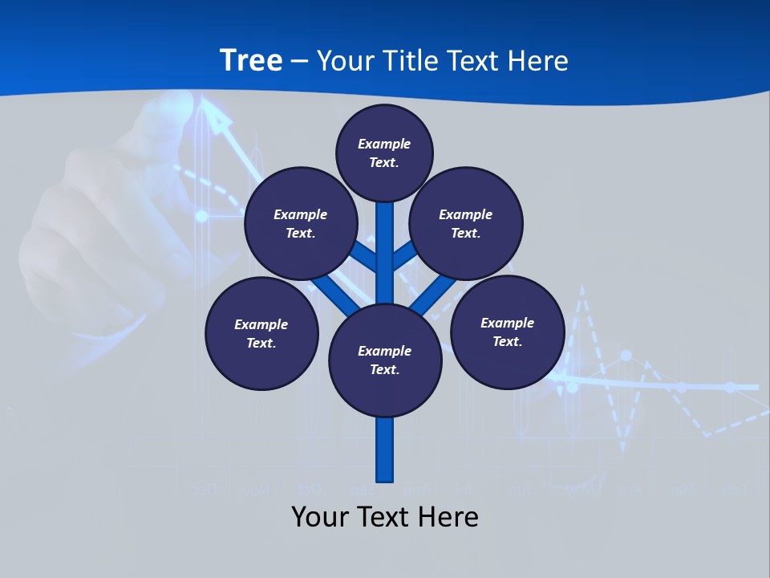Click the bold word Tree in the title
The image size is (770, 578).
251,60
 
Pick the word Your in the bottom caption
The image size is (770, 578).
321,517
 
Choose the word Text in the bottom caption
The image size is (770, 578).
384,517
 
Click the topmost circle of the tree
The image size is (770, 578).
384,153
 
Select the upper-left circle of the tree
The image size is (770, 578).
301,223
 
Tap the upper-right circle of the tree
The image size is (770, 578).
466,223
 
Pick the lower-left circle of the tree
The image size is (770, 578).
261,333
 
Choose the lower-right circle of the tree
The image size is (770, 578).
508,332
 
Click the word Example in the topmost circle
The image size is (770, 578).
384,144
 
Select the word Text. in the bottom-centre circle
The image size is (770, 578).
384,370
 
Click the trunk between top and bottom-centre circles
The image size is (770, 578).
385,249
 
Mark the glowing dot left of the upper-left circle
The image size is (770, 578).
202,216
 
